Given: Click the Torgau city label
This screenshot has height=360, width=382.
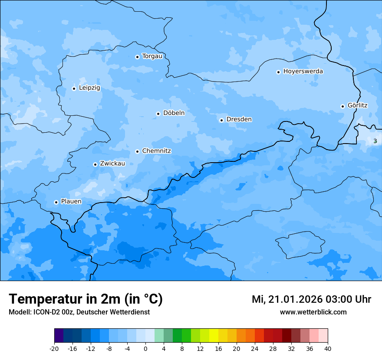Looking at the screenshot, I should [152, 56].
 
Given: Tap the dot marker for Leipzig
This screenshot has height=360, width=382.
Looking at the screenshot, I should [74, 88].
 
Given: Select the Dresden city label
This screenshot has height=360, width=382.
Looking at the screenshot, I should [239, 119].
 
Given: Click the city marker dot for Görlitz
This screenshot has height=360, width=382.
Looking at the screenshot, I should [342, 106].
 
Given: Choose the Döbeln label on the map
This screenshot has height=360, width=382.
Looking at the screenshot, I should [174, 113].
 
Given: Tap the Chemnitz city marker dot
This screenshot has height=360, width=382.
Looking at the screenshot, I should [137, 151].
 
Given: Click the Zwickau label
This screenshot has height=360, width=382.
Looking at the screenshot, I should [112, 164].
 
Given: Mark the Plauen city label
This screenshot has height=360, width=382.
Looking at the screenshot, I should [71, 202].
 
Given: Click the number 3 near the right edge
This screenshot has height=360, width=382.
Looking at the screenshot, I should [375, 141].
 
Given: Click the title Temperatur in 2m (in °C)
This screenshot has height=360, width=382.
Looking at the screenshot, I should [86, 299].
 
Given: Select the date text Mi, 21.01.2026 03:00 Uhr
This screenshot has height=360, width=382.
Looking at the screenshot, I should [311, 299].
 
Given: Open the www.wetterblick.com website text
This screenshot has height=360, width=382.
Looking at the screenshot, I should [313, 312].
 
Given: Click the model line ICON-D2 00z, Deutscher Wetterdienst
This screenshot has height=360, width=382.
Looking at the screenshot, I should [79, 312].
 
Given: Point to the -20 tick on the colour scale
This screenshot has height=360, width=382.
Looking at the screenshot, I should [54, 349].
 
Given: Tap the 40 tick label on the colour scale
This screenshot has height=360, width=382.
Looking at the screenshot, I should [328, 349].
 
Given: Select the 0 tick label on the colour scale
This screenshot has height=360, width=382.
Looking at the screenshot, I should [145, 349].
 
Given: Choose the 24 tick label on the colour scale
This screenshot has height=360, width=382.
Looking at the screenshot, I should [255, 349].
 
